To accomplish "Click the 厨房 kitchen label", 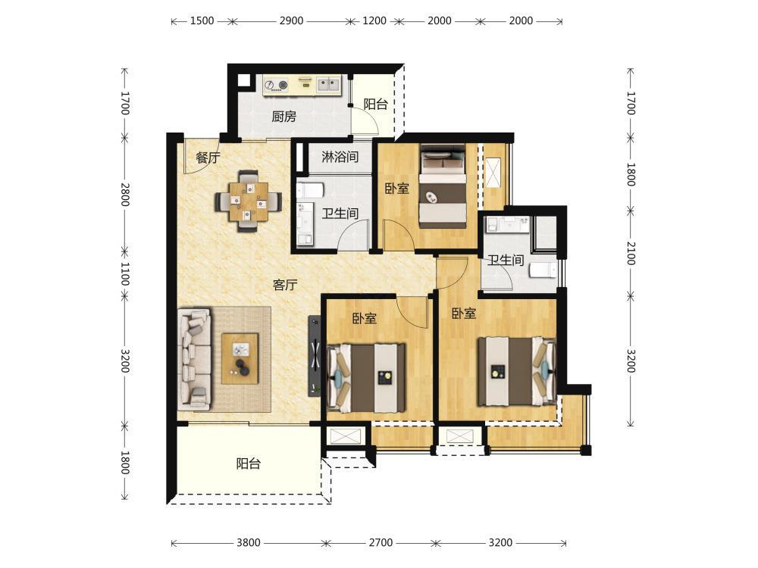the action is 283,117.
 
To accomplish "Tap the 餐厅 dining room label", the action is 208,158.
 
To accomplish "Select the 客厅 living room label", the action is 285,285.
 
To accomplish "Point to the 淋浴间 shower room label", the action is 340,157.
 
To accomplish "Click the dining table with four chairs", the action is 249,201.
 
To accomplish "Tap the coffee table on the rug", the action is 240,359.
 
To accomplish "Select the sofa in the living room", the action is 195,359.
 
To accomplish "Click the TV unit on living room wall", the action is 315,356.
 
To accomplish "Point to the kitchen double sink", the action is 329,85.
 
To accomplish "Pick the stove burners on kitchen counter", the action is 277,86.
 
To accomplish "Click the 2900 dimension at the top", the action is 292,20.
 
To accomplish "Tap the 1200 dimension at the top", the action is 374,20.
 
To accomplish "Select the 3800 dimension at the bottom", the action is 249,542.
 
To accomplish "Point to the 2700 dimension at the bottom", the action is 381,542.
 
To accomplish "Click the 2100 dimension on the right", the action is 631,253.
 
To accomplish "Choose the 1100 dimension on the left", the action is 125,274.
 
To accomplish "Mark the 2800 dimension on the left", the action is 125,194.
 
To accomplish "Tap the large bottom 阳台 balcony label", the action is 249,463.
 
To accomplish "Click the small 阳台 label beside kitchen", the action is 376,104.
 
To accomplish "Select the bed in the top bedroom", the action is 443,186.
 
